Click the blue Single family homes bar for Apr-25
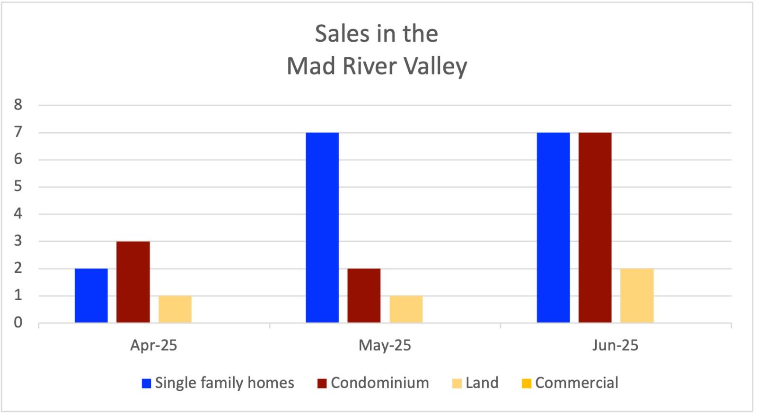(91, 296)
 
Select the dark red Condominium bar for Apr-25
(133, 282)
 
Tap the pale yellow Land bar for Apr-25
(175, 309)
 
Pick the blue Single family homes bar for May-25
(322, 227)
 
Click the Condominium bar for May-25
(364, 296)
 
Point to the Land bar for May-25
(406, 309)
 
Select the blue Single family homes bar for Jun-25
(553, 227)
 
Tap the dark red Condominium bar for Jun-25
(595, 227)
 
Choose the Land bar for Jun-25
(637, 296)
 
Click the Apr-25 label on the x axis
(154, 345)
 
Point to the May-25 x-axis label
(385, 345)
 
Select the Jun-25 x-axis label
(615, 345)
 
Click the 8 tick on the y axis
(18, 105)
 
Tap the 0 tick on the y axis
(18, 323)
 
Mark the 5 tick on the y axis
(18, 187)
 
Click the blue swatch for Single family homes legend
(146, 383)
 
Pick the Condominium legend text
(379, 383)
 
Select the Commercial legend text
(576, 383)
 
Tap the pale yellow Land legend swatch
(457, 383)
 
